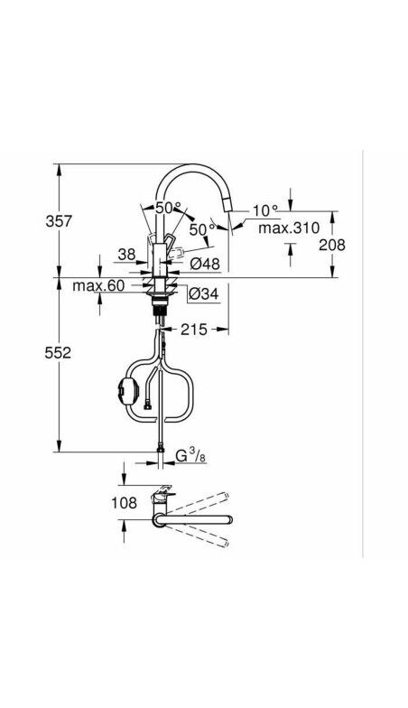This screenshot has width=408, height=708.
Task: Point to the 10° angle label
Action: click(x=264, y=210)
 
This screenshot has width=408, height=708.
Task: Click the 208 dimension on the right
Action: click(x=332, y=244)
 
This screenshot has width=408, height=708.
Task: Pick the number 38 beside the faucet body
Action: click(x=127, y=255)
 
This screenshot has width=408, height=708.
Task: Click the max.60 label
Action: click(x=98, y=286)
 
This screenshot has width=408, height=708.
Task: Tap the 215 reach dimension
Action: click(x=194, y=331)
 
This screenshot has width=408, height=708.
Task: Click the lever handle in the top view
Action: click(x=160, y=496)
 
